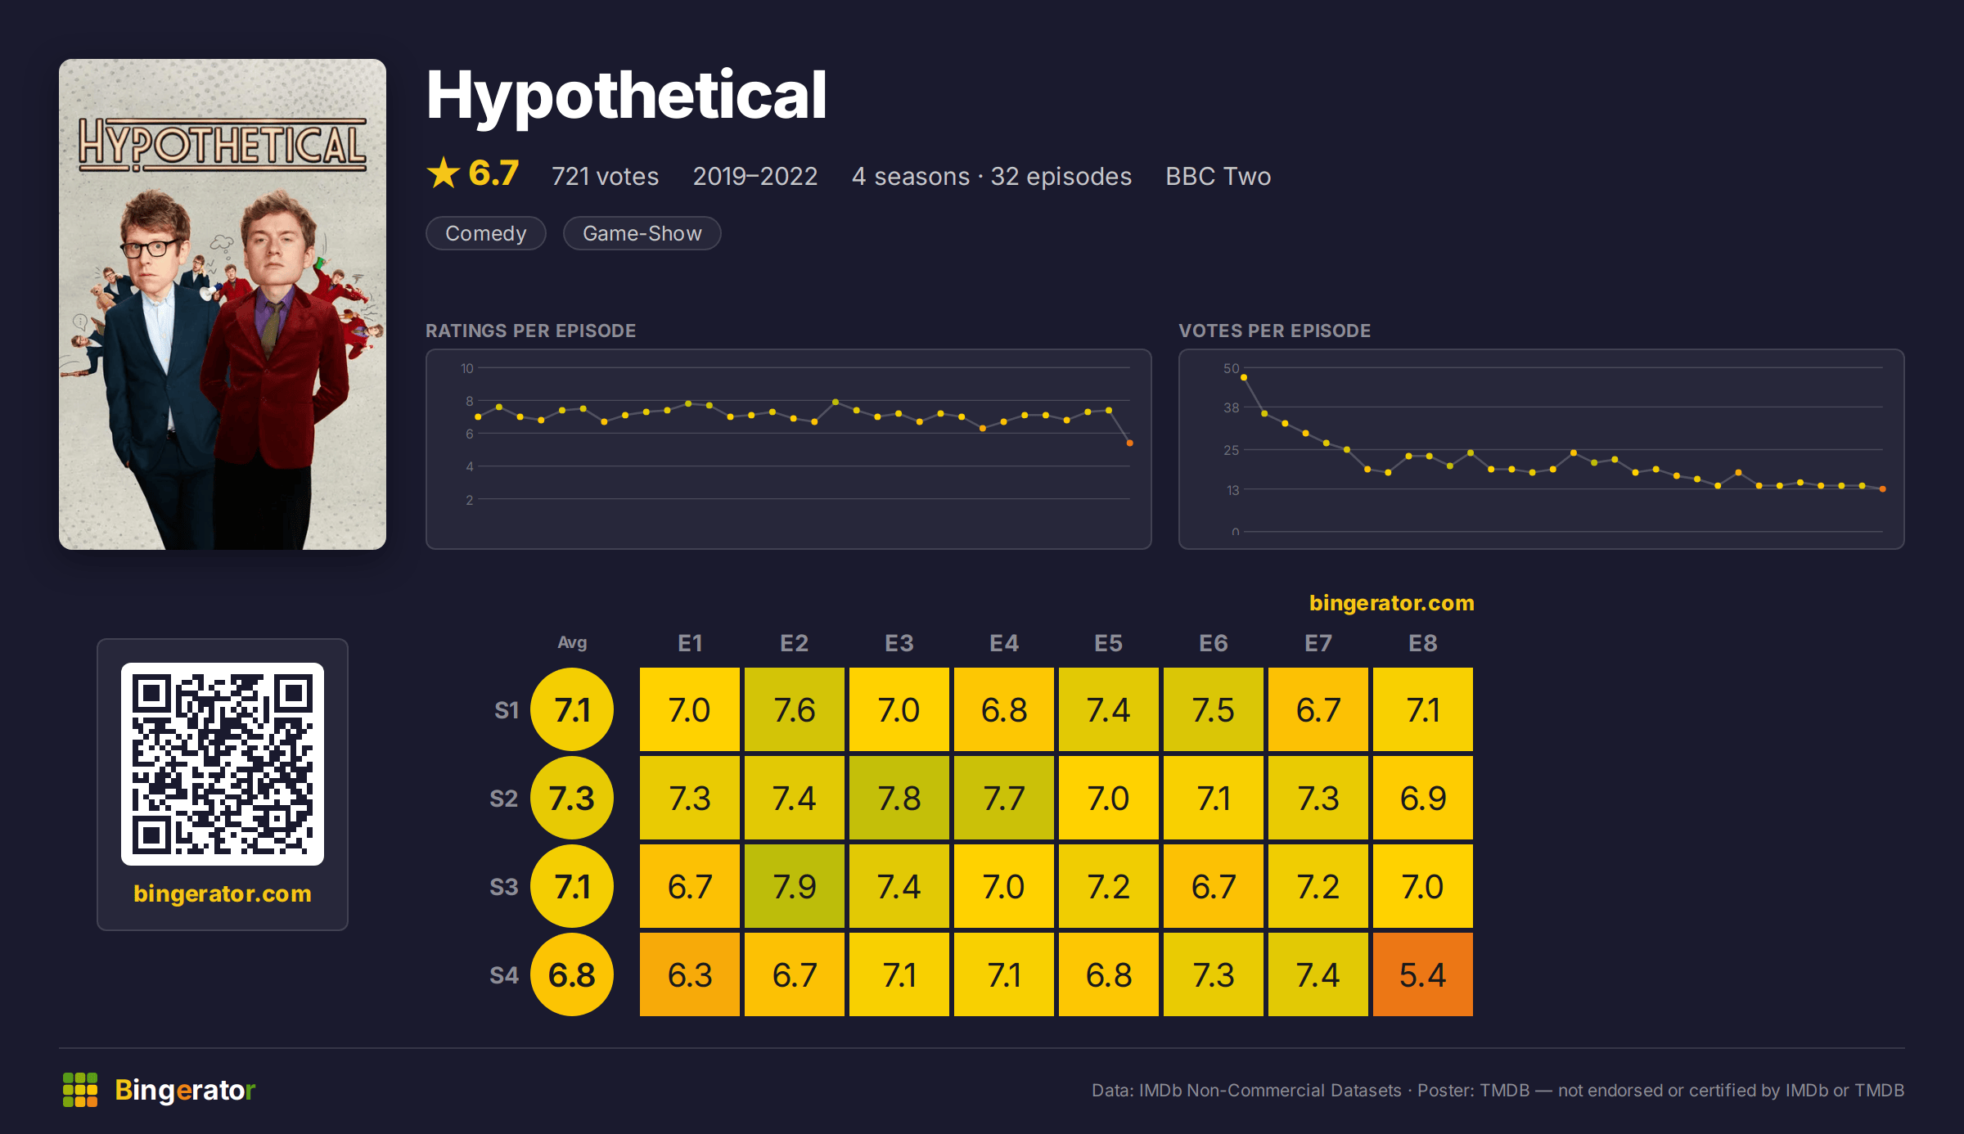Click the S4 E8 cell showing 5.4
pos(1423,974)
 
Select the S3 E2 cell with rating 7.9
pos(795,886)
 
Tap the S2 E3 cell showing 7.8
pos(899,798)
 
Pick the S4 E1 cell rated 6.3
pos(690,974)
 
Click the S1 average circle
pos(572,709)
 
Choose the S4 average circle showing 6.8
pos(572,974)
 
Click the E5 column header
pos(1109,643)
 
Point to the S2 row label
pos(504,799)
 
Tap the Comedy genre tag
pos(486,233)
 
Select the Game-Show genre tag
pos(642,233)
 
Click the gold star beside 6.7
pos(444,173)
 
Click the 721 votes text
pos(605,176)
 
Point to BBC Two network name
pos(1218,176)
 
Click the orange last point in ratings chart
pos(1130,443)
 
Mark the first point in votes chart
pos(1244,377)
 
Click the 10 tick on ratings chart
pos(467,368)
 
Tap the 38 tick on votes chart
pos(1232,407)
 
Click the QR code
pos(223,764)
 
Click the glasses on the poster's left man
pos(151,248)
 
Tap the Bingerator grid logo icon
pos(80,1090)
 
